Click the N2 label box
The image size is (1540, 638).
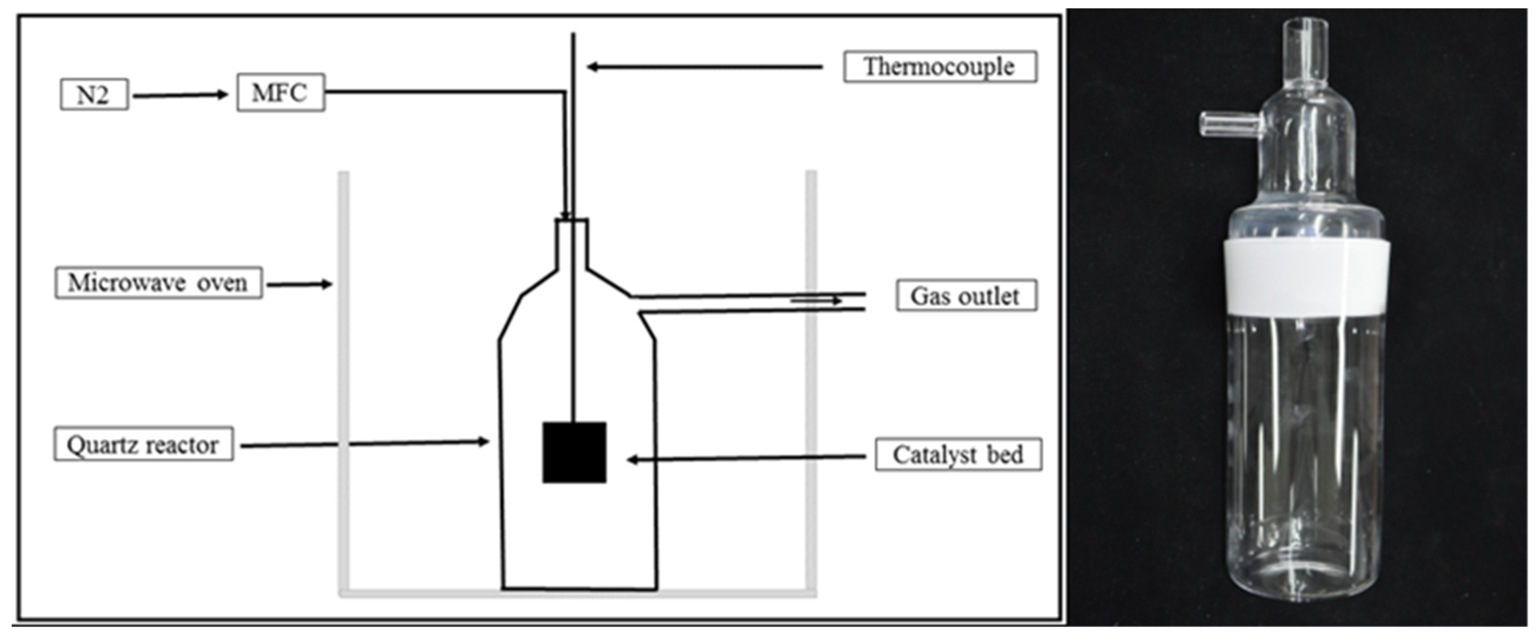[94, 94]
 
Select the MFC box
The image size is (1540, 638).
[280, 93]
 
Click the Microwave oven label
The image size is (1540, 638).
[158, 283]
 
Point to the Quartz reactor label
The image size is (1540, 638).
[143, 444]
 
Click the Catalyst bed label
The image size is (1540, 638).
[958, 455]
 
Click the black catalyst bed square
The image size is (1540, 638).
[574, 452]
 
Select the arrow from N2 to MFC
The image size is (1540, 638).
[180, 95]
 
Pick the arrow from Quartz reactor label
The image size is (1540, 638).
[365, 444]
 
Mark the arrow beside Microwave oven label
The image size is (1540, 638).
[299, 285]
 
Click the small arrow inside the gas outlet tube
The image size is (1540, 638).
[816, 301]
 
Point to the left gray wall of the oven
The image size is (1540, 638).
[344, 383]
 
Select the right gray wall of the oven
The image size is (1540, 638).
[811, 383]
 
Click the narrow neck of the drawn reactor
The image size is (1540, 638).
[572, 245]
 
